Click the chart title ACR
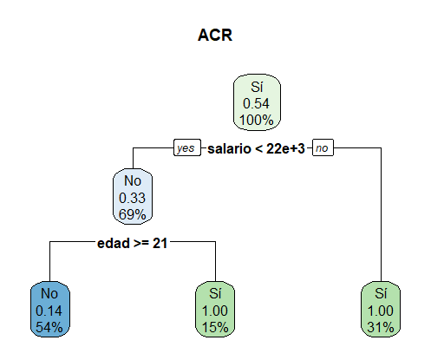tap(215, 36)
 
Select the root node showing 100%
tap(257, 102)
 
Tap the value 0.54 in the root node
tap(256, 103)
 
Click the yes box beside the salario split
tap(187, 147)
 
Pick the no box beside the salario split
tap(323, 147)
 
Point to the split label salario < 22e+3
tap(256, 148)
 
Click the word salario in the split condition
tap(229, 148)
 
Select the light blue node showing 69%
tap(133, 197)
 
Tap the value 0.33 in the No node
tap(132, 198)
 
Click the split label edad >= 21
tap(132, 243)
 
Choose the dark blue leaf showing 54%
tap(50, 309)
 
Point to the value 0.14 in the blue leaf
tap(49, 311)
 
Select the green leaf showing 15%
tap(215, 309)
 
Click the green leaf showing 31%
tap(381, 309)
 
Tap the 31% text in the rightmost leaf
tap(381, 327)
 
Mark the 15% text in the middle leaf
tap(215, 327)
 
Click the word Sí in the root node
tap(257, 87)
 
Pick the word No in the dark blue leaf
tap(49, 294)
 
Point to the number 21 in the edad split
tap(160, 243)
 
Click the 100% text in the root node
tap(257, 120)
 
